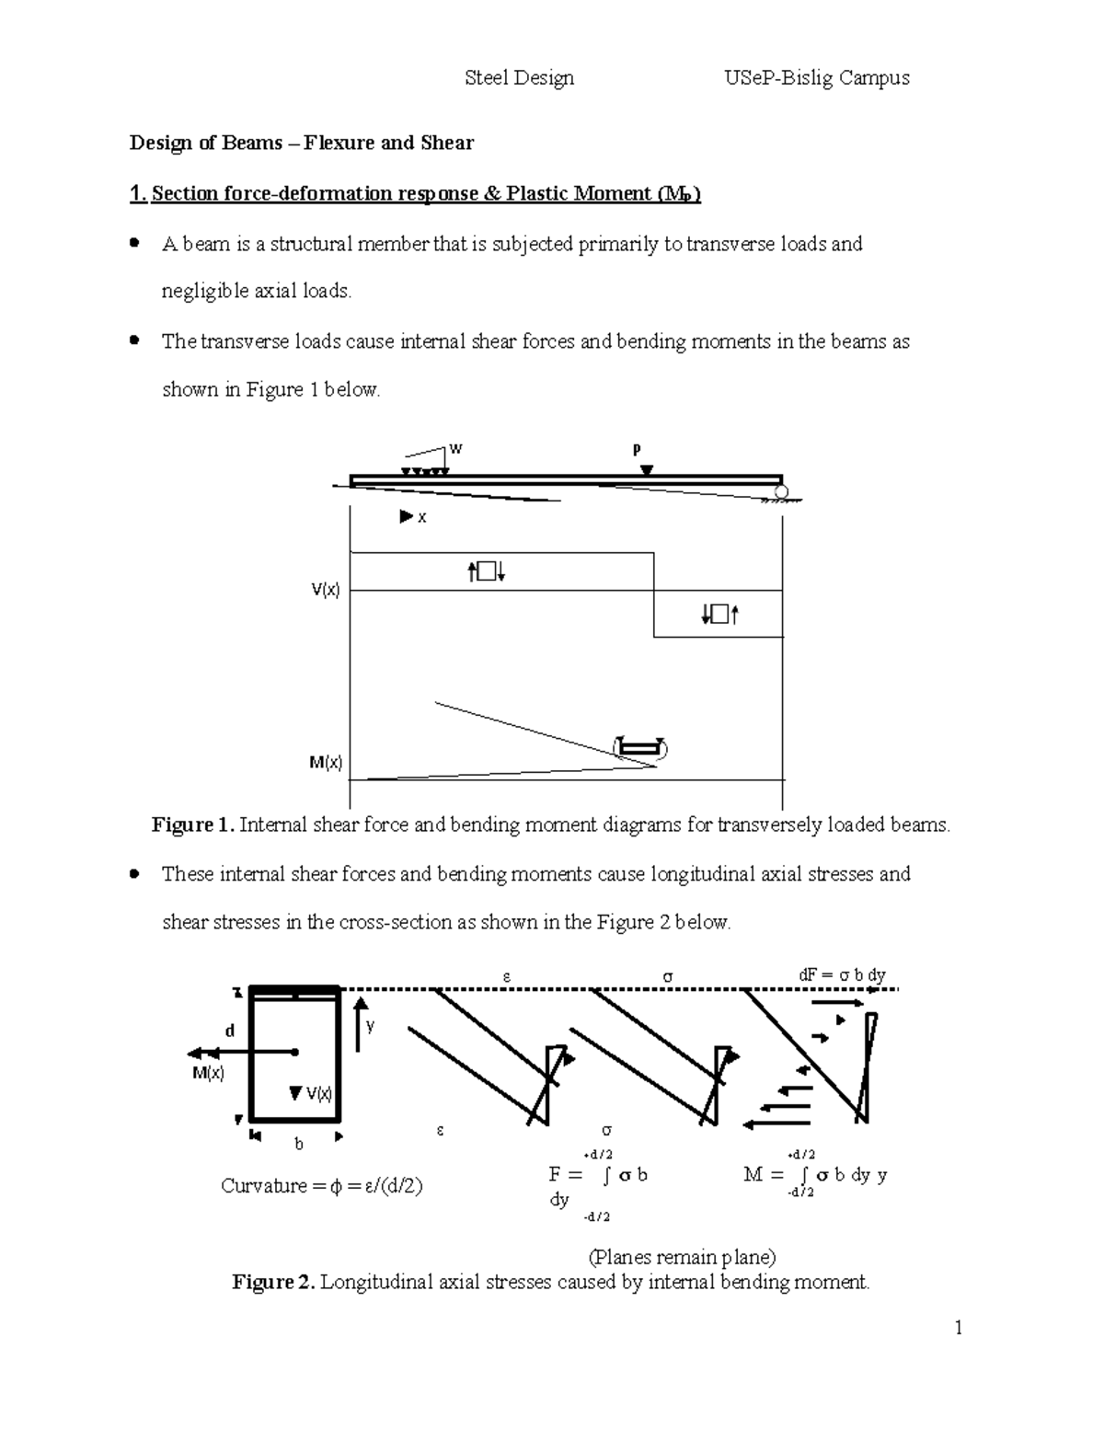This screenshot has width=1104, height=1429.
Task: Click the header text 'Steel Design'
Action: (519, 78)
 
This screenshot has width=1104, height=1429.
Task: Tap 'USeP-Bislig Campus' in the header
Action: (817, 78)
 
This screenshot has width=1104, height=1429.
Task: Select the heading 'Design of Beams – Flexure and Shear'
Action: (301, 143)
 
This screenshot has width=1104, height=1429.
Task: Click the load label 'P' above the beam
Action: (636, 450)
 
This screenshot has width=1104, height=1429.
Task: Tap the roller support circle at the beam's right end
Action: (781, 492)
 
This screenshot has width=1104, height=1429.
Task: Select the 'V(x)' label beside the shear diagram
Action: (325, 591)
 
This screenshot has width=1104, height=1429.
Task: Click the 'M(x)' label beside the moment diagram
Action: (325, 763)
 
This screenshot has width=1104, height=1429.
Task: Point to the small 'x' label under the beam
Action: (422, 518)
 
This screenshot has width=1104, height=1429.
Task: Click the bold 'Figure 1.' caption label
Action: (192, 824)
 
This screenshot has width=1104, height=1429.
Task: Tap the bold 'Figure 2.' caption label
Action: (273, 1282)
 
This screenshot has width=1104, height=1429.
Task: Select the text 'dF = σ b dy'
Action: (841, 975)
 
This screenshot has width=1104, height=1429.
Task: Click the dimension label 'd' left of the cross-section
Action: (230, 1031)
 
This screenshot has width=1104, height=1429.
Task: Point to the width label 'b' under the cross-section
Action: (298, 1145)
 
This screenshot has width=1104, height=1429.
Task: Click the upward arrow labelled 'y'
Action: (361, 1021)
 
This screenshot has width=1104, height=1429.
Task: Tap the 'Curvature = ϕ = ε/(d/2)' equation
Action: (321, 1186)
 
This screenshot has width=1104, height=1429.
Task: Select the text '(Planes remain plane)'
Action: (682, 1257)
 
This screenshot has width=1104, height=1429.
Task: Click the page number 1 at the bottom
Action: (958, 1327)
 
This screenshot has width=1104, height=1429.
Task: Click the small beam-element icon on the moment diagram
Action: (640, 748)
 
